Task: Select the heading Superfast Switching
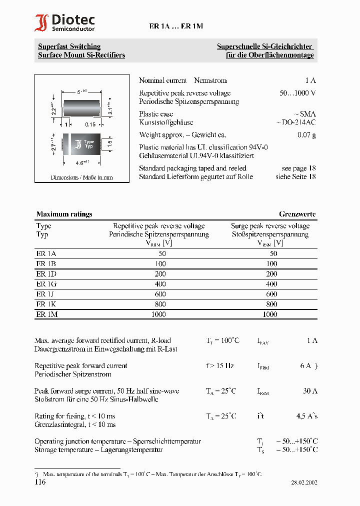69,46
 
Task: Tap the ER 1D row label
46,274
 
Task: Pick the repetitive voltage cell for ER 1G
158,284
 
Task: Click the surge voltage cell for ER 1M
270,314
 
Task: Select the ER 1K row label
46,304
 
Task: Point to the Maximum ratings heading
64,214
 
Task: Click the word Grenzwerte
297,214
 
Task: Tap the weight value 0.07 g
306,134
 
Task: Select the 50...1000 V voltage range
297,93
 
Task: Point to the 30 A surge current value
310,391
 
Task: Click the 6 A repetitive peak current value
306,365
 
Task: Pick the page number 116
40,482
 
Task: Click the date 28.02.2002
304,482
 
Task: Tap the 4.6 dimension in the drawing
79,163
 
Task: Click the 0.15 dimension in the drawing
90,124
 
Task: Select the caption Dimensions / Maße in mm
81,177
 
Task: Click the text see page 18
298,168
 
